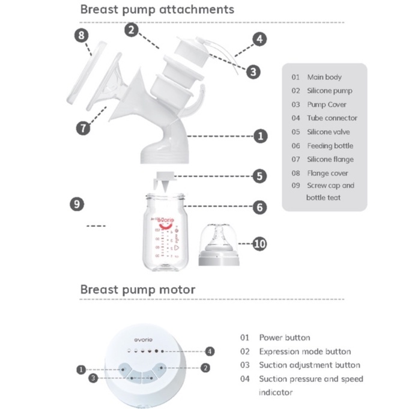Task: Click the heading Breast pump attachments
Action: pyautogui.click(x=157, y=10)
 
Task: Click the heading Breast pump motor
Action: pyautogui.click(x=138, y=289)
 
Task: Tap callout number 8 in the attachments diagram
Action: pyautogui.click(x=82, y=35)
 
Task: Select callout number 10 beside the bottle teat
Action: pyautogui.click(x=259, y=244)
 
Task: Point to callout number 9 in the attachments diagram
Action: pyautogui.click(x=76, y=204)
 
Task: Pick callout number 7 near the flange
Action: pyautogui.click(x=83, y=127)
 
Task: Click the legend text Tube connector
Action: pyautogui.click(x=332, y=118)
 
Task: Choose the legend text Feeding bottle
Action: pyautogui.click(x=330, y=146)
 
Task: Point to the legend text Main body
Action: pyautogui.click(x=324, y=77)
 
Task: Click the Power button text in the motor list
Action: pyautogui.click(x=284, y=338)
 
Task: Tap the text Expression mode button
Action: pyautogui.click(x=304, y=351)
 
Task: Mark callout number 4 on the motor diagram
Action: pyautogui.click(x=209, y=351)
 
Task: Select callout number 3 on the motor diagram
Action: pyautogui.click(x=92, y=378)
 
